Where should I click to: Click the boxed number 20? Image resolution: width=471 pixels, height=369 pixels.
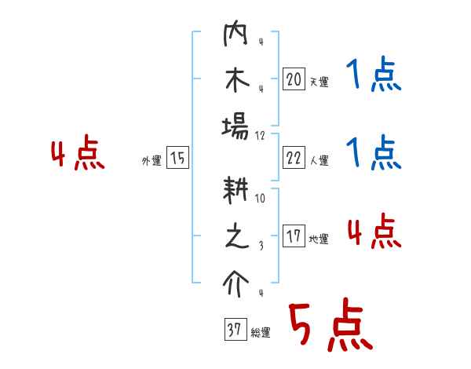[x=294, y=79]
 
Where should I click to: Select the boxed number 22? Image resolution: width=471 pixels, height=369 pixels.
[x=294, y=158]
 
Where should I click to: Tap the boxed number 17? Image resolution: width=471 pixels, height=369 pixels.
[x=294, y=236]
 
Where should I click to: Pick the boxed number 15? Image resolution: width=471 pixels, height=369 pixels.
[x=177, y=158]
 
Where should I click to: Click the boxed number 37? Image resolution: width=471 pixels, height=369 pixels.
[x=235, y=331]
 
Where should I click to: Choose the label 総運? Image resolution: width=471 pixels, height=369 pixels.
[x=261, y=333]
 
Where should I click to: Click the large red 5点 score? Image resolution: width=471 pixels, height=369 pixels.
[x=329, y=326]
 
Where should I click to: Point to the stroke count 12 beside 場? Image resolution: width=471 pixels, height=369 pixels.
[x=261, y=135]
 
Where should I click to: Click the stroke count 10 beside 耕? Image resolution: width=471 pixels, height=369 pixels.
[x=261, y=199]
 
